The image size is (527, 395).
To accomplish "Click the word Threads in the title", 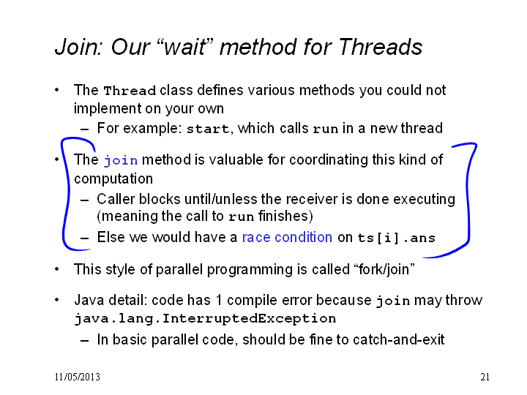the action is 381,46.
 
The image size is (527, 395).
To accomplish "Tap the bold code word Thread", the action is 130,91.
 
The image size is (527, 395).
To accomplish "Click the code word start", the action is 208,129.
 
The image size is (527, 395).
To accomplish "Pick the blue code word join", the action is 121,160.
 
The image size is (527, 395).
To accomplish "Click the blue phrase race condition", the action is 287,237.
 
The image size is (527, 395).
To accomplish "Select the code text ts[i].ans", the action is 396,238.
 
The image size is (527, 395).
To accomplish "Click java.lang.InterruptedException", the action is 205,318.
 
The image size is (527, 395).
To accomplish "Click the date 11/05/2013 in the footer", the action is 78,377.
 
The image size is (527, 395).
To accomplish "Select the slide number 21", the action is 485,377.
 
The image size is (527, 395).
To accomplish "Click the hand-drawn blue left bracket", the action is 66,195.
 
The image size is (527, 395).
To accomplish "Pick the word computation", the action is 113,179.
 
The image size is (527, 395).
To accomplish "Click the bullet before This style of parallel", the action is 57,269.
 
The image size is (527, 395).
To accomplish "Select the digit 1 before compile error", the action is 218,300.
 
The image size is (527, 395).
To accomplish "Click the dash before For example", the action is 85,129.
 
